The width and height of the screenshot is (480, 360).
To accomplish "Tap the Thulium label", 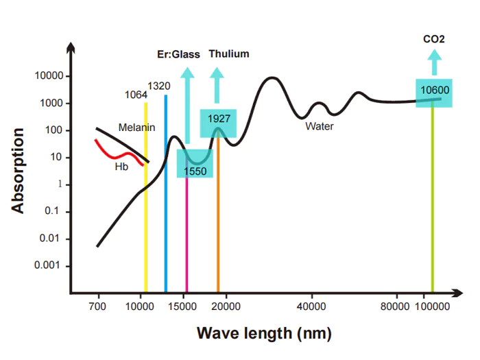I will coord(229,53).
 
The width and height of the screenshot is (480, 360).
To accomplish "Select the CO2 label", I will coord(433,40).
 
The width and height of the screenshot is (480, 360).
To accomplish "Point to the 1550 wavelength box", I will coord(195,164).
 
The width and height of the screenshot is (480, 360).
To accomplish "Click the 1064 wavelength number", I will coord(135,95).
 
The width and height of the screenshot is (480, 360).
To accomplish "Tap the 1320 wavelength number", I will coord(159,86).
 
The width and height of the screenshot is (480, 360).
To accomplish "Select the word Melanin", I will coord(136,128).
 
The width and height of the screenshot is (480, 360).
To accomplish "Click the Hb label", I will coord(121,166).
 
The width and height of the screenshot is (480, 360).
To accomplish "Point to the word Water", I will coord(319,126).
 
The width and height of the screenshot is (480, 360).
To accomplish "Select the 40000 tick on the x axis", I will coord(312,306).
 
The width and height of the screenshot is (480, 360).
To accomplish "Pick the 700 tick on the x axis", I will coord(98,306).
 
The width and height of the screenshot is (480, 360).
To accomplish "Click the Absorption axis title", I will coord(19,169).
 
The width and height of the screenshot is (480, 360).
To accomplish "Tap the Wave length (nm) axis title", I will coord(264,334).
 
